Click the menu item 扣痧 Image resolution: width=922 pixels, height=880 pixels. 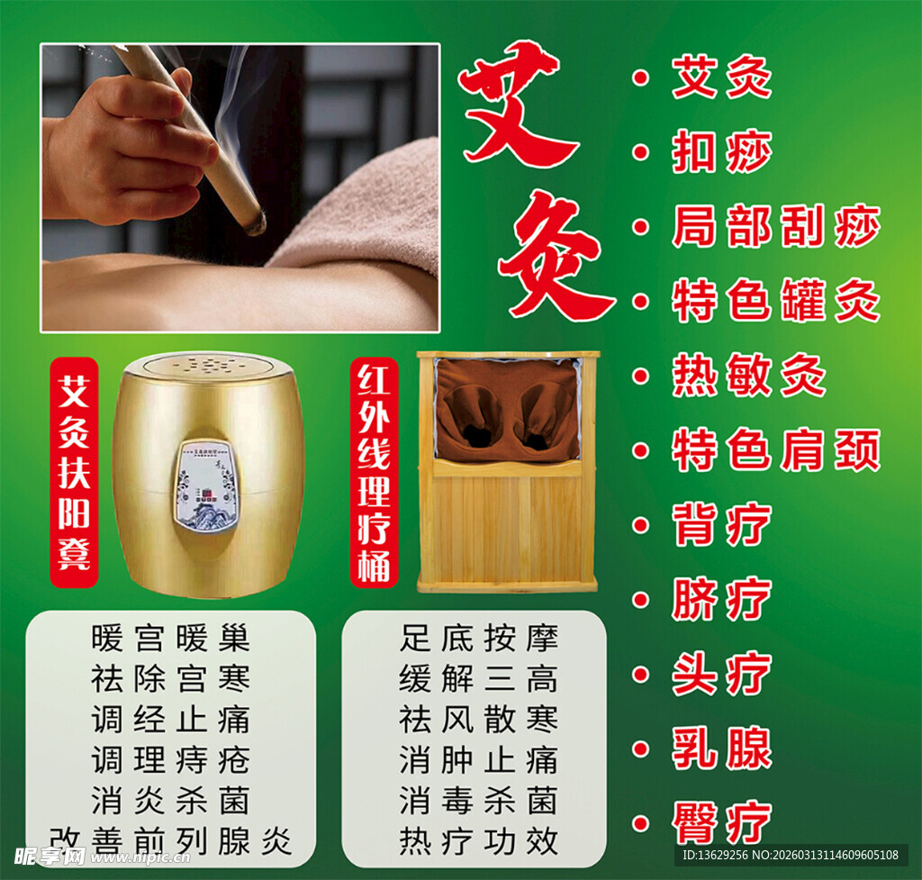pos(721,153)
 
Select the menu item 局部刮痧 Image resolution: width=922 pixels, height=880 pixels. pos(775,227)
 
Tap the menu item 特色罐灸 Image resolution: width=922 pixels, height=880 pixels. pos(775,302)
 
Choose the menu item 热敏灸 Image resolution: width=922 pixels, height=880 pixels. pos(748,376)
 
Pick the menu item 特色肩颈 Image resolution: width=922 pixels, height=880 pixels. pos(775,450)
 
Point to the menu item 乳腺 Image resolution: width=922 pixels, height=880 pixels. pos(721,748)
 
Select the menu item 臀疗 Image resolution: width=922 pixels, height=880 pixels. pos(721,822)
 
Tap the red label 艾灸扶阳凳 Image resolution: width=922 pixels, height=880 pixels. pos(74,472)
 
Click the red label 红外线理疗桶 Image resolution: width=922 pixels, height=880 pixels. pos(374,472)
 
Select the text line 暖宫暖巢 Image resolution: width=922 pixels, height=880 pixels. pos(170,639)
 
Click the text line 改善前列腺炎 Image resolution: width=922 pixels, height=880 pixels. pos(170,840)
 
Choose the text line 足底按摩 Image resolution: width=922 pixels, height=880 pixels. pos(478,639)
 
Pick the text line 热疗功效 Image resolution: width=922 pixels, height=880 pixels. pos(478,840)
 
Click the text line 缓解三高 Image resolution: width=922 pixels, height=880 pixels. pos(478,678)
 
